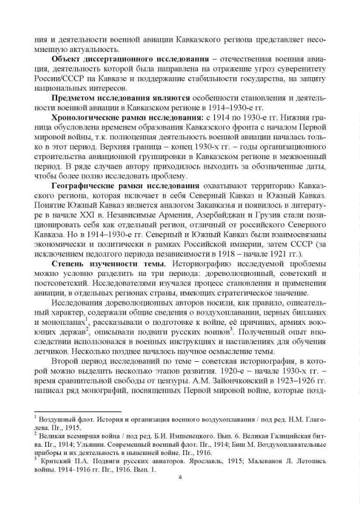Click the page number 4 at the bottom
pos(180,477)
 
